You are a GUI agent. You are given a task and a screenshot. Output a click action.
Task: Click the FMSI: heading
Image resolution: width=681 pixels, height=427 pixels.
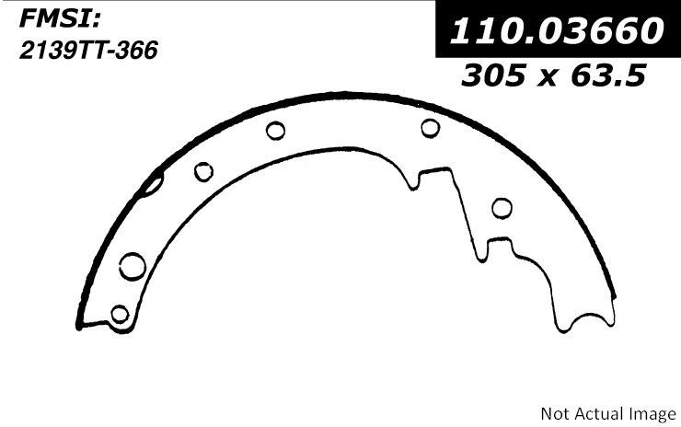click(60, 20)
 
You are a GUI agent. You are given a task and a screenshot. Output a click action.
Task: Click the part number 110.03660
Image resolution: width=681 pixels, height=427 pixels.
click(557, 30)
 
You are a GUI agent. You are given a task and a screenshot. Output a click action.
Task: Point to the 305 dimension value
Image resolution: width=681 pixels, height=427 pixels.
click(493, 75)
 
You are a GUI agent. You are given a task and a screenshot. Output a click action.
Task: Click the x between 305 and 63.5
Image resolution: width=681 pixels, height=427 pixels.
click(548, 78)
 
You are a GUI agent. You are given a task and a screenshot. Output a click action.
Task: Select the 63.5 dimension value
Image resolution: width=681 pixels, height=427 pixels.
click(608, 75)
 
